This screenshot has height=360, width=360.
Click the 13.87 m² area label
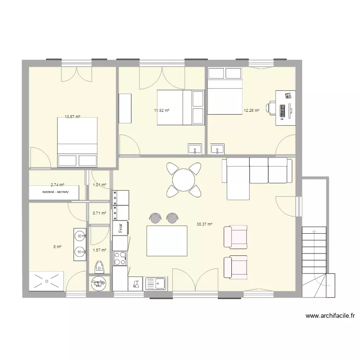72,117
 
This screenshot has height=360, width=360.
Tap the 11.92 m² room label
162,110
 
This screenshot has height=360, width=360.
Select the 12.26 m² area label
252,110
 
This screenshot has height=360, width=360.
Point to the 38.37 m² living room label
204,224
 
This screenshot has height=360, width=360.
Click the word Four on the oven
120,227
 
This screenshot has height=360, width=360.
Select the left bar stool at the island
155,218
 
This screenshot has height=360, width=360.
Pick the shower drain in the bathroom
47,281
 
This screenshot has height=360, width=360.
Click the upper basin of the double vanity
80,235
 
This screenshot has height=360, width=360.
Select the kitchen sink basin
158,284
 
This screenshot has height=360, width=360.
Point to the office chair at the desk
272,108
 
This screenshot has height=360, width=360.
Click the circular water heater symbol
98,284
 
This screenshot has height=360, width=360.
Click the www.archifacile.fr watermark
330,316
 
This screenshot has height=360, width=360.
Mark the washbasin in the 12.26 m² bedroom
217,149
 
